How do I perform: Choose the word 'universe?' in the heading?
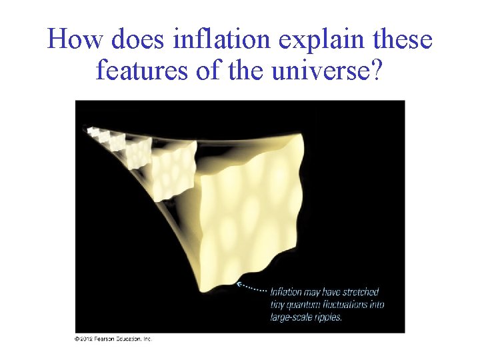326,69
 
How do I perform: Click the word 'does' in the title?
136,40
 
